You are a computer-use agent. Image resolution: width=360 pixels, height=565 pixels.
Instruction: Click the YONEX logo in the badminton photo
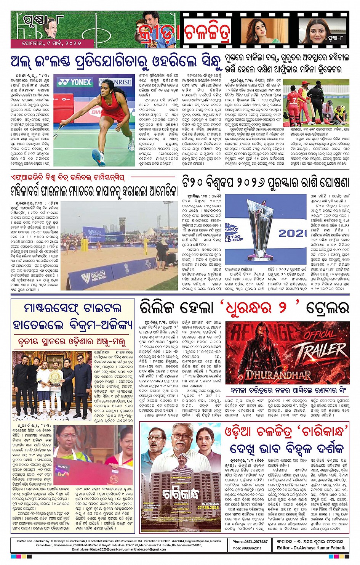coord(75,82)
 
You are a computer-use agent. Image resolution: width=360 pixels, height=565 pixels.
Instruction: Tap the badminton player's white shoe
coord(98,157)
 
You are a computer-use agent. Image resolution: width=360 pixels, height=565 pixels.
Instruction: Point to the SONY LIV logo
coord(63,470)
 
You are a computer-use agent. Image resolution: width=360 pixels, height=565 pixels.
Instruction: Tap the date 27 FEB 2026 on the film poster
coord(208,508)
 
